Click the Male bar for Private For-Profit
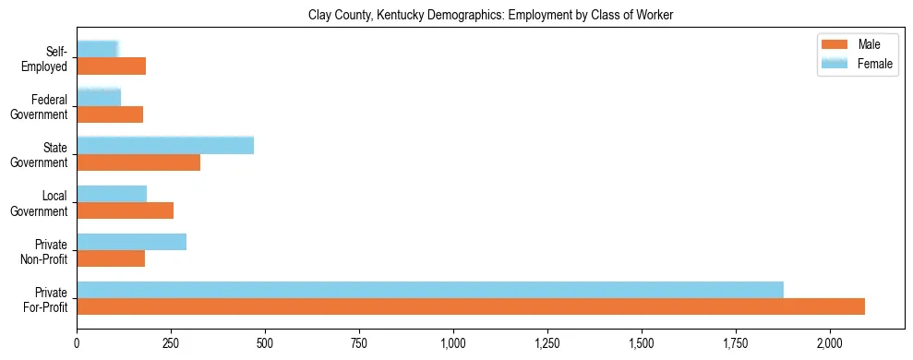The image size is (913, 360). point(471,306)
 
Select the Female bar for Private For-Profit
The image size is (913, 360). point(430,290)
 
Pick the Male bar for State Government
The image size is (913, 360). point(138,162)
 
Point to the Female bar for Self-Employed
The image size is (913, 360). point(98,49)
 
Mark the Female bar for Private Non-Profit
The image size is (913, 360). point(132,242)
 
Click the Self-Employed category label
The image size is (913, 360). point(47,59)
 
